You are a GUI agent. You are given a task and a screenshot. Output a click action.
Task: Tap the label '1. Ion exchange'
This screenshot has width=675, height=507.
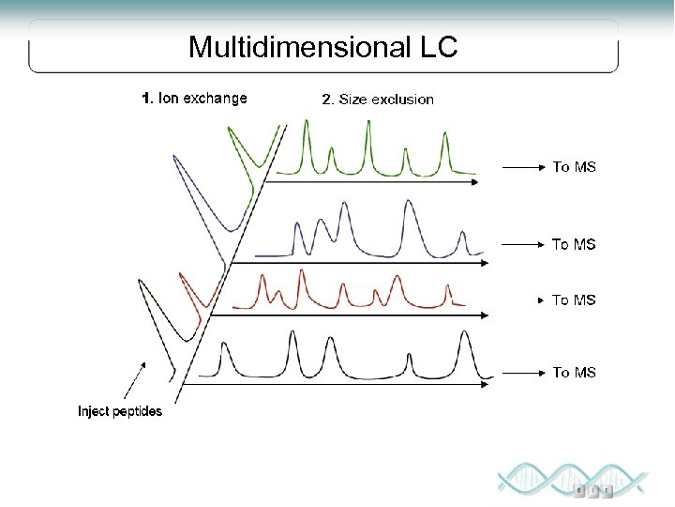tap(194, 98)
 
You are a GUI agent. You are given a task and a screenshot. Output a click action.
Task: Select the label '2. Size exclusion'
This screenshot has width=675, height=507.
tap(378, 99)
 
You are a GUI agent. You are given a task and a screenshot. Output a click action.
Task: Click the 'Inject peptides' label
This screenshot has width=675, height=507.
tap(119, 411)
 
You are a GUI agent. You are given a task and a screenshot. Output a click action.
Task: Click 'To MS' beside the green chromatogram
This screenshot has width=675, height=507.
tap(574, 167)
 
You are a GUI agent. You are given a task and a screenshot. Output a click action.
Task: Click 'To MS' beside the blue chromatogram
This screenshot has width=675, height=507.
tap(574, 244)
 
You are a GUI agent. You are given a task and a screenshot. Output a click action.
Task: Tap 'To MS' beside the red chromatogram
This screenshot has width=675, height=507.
tap(574, 300)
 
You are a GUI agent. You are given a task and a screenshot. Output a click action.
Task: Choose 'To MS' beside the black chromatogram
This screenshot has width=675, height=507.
tap(574, 373)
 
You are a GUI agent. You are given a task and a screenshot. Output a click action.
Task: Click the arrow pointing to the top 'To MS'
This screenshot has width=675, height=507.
tap(523, 167)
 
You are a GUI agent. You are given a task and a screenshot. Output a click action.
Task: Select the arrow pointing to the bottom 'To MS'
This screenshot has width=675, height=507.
tap(523, 373)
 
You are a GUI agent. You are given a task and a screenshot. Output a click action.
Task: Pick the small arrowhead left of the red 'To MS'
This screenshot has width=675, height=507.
tap(539, 300)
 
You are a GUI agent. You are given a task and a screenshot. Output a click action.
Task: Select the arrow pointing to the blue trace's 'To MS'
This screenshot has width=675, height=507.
tap(523, 244)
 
